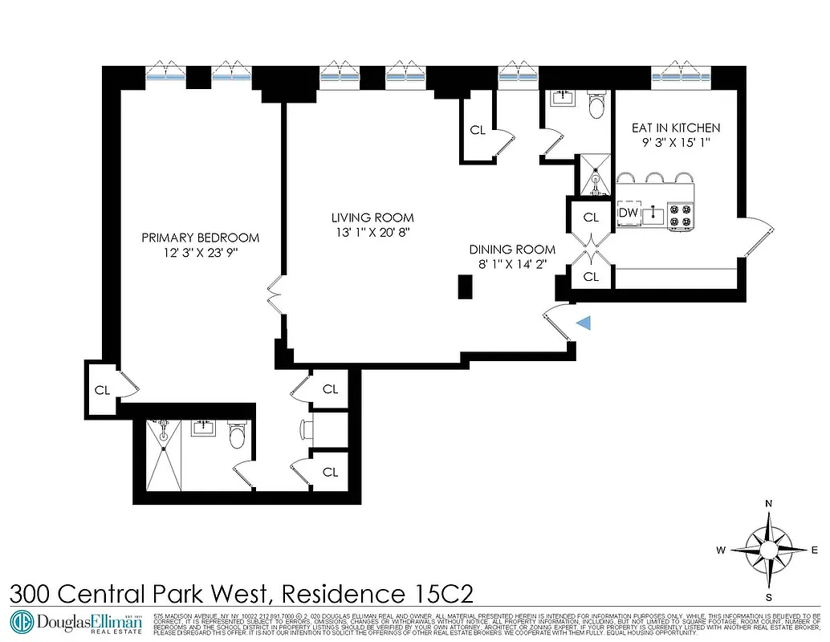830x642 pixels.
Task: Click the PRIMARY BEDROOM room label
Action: pyautogui.click(x=200, y=238)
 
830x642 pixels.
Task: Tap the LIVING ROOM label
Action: pyautogui.click(x=372, y=217)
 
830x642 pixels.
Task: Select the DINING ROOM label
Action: pyautogui.click(x=512, y=250)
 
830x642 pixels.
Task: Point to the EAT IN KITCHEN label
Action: pyautogui.click(x=676, y=128)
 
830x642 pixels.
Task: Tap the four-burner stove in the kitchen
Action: pyautogui.click(x=681, y=214)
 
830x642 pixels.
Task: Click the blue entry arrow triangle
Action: pyautogui.click(x=585, y=323)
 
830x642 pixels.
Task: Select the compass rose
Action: pyautogui.click(x=769, y=551)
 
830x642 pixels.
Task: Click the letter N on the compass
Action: pyautogui.click(x=769, y=504)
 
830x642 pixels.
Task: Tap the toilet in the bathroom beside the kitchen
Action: pyautogui.click(x=596, y=106)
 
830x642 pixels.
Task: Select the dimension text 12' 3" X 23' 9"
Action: pyautogui.click(x=200, y=252)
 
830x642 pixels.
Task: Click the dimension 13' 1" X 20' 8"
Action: pyautogui.click(x=372, y=233)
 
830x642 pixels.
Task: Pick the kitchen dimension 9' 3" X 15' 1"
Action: pyautogui.click(x=676, y=143)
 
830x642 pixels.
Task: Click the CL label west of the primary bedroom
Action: pyautogui.click(x=102, y=391)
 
